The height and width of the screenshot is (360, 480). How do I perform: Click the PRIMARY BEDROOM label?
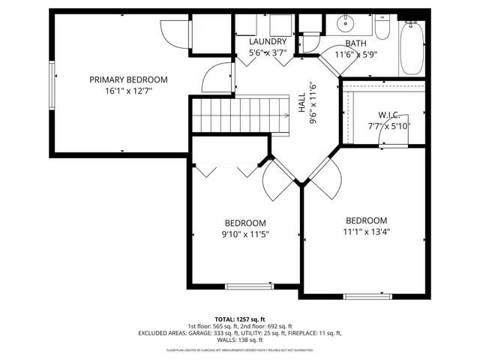pos(128,79)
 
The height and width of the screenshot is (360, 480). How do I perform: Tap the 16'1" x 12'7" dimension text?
pos(128,92)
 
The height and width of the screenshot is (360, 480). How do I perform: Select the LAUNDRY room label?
pos(267,42)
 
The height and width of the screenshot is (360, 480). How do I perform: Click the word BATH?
pos(355,43)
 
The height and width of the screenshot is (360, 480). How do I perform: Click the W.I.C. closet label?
pos(388,114)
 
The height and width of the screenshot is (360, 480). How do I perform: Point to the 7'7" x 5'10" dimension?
pos(388,126)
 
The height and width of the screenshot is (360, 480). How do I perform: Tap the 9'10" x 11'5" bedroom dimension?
pos(245,235)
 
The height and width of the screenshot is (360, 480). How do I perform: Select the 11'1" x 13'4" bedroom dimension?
pos(366,232)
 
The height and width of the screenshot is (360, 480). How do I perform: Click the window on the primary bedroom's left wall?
pos(52,84)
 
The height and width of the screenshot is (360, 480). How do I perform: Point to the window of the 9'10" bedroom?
pos(250,286)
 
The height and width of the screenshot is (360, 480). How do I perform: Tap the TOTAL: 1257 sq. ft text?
pos(240,319)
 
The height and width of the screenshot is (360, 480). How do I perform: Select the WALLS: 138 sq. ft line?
pos(240,340)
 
